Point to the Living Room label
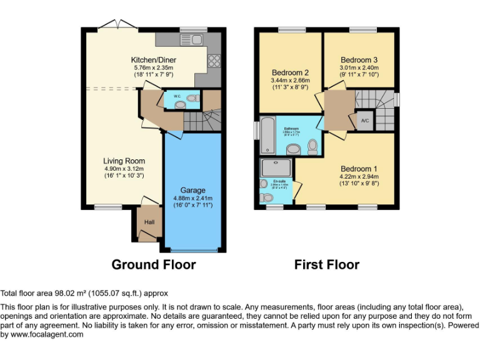point(124,161)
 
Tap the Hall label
point(149,222)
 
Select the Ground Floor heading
point(153,264)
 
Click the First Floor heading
point(327,264)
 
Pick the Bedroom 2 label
point(289,72)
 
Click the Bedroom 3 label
point(358,60)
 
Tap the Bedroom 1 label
point(359,169)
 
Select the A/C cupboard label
point(364,120)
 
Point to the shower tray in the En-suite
point(276,167)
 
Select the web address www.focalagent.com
point(42,334)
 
